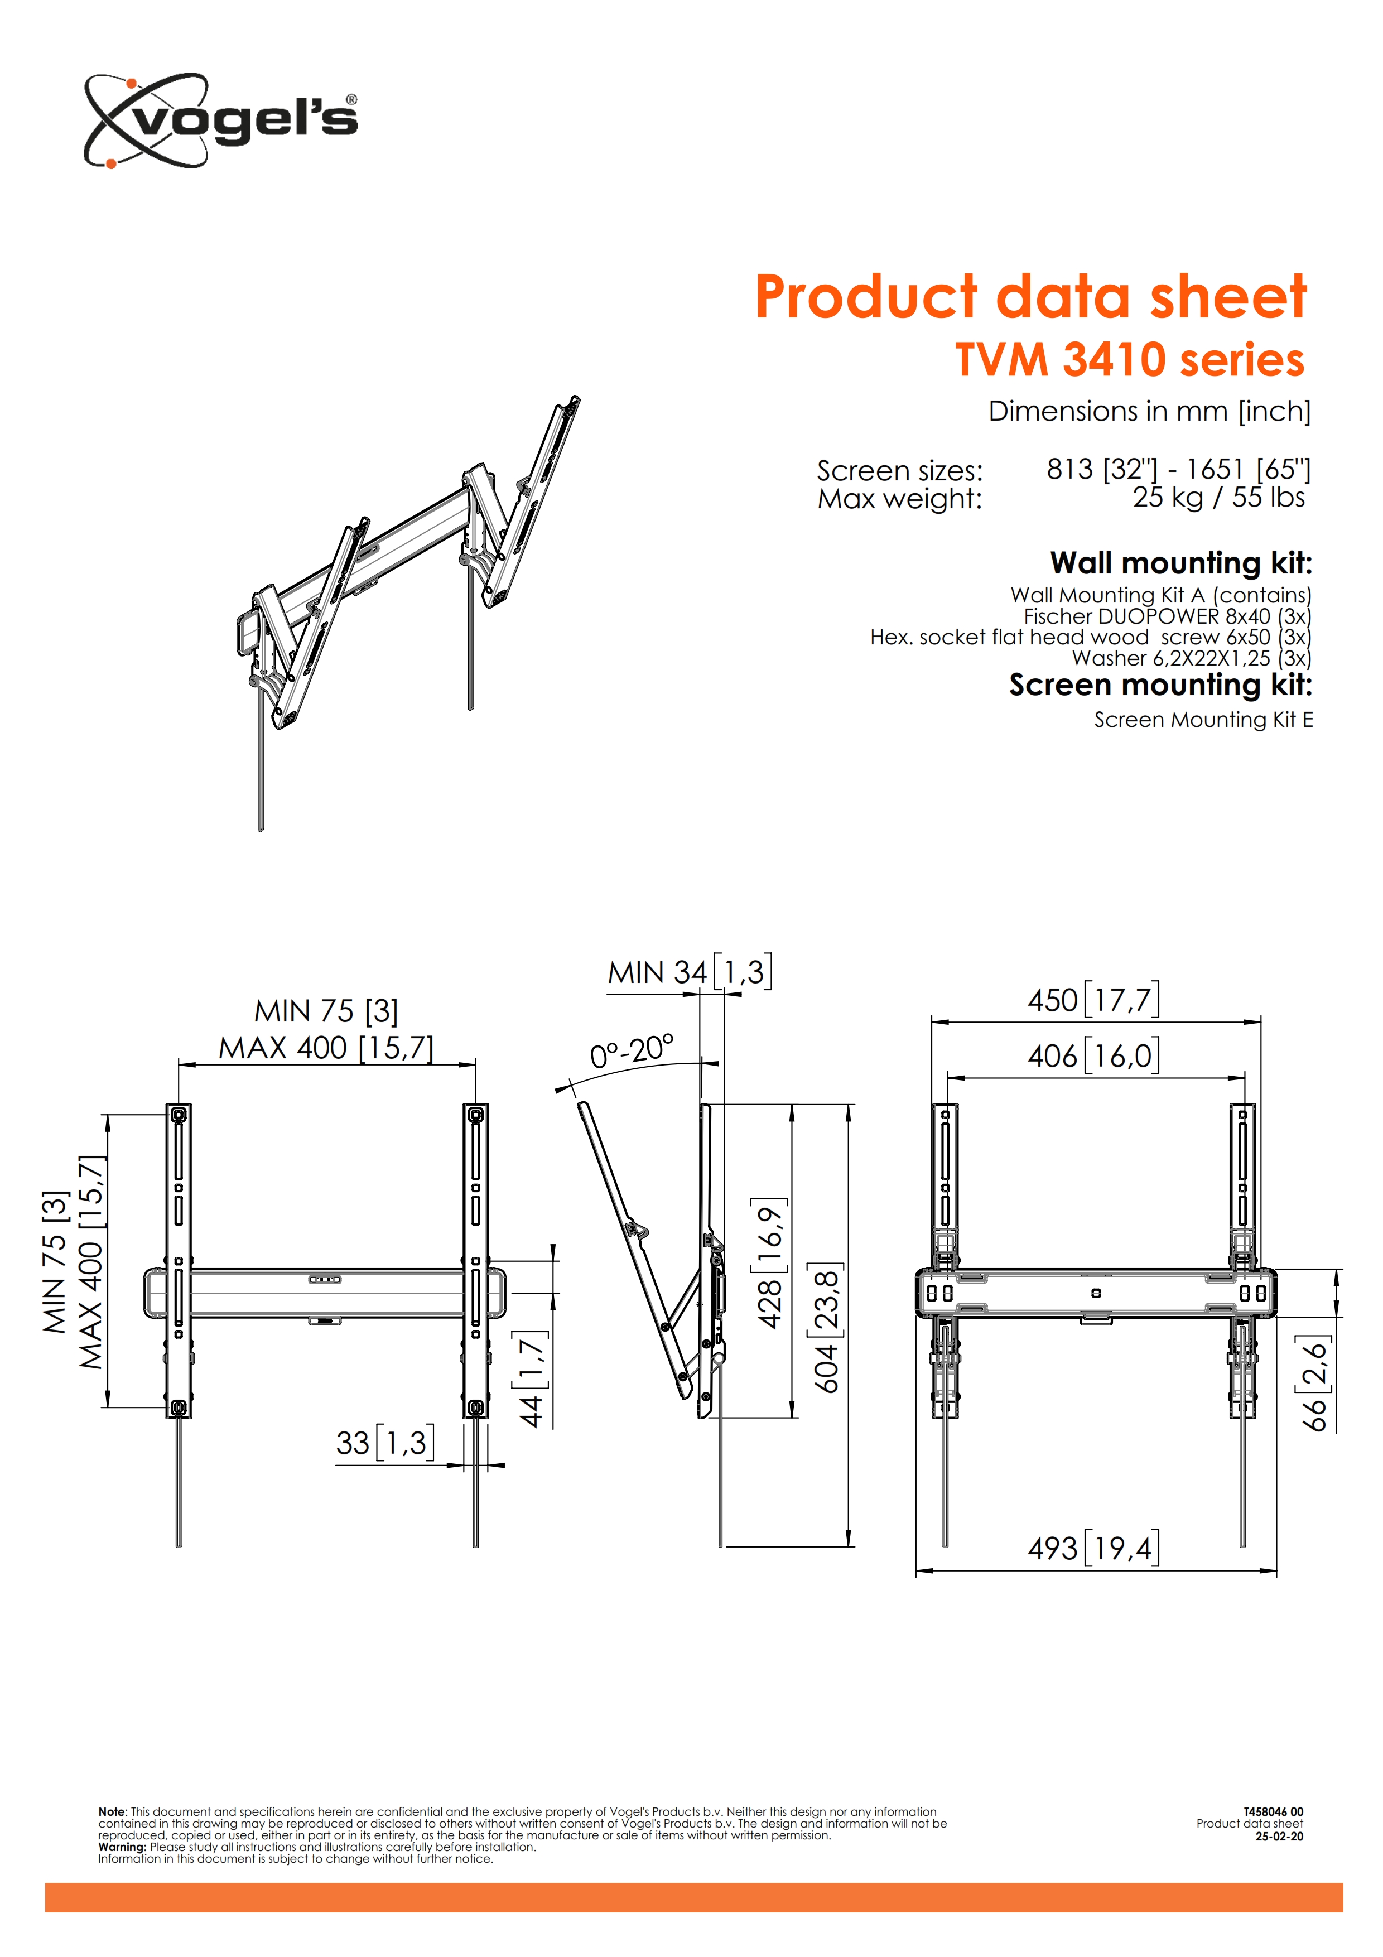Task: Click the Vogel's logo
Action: pyautogui.click(x=220, y=120)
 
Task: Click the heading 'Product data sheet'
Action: pyautogui.click(x=1030, y=297)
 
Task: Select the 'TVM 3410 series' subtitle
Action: pyautogui.click(x=1130, y=359)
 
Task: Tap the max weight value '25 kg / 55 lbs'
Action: pyautogui.click(x=1218, y=497)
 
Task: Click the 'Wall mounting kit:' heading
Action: pyautogui.click(x=1181, y=563)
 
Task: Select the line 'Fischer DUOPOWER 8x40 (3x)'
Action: pyautogui.click(x=1168, y=616)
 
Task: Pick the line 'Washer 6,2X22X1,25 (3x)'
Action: pyautogui.click(x=1191, y=658)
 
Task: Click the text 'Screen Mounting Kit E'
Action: pyautogui.click(x=1203, y=720)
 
